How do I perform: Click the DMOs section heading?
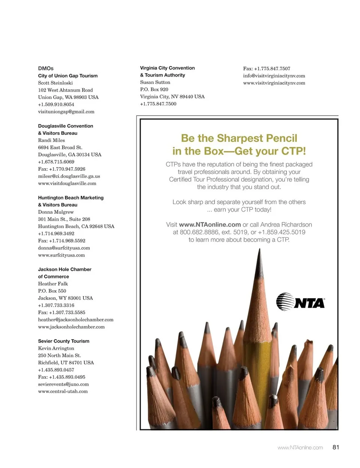[46, 68]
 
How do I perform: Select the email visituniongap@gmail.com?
[66, 111]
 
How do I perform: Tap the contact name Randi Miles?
[51, 140]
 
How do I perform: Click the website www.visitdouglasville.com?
[67, 184]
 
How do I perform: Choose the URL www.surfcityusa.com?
[61, 255]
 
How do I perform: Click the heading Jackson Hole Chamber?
[64, 269]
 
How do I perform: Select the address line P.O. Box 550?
[52, 291]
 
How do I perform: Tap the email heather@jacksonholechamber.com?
[76, 320]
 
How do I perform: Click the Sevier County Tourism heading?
[64, 341]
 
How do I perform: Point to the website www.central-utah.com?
[63, 391]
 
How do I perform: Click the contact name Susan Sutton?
[155, 82]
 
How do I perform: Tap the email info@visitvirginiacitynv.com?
[274, 76]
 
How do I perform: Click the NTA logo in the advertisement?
[300, 302]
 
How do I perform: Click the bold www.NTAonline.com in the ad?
[210, 225]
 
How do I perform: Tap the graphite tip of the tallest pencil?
[259, 259]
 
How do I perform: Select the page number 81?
[336, 447]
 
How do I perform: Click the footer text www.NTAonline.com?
[300, 447]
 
